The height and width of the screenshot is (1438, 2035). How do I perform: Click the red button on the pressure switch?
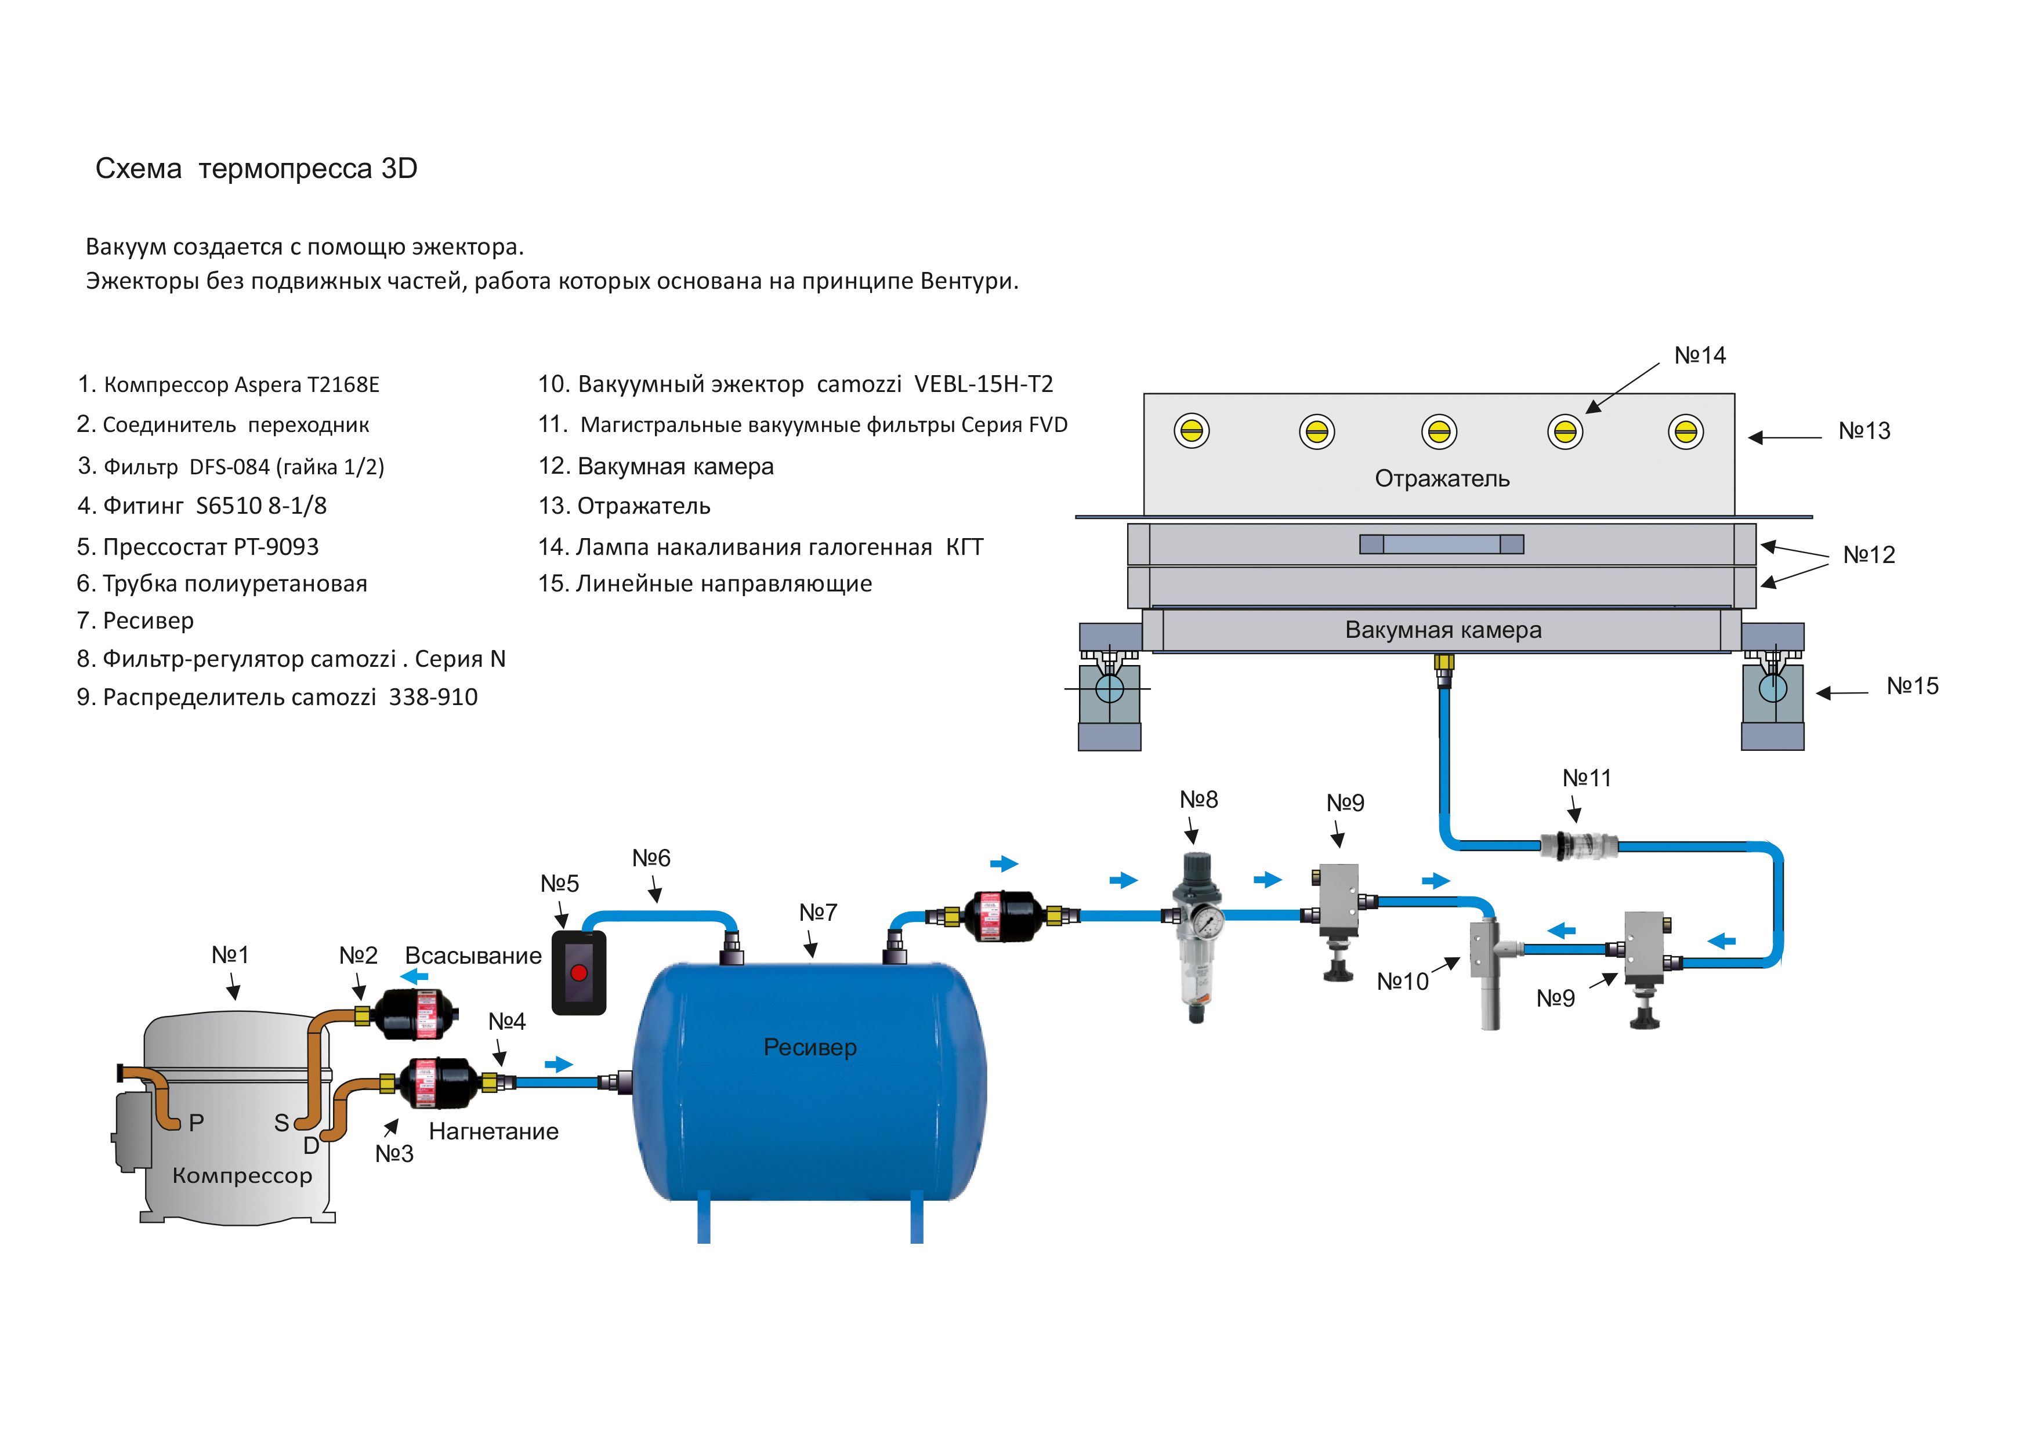[x=579, y=973]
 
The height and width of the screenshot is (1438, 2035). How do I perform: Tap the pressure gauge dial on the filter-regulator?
[x=1208, y=923]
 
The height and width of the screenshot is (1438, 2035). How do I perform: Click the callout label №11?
[x=1587, y=778]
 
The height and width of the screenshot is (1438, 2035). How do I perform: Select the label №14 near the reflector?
[x=1700, y=355]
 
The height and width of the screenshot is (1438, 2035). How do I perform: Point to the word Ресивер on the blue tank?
[x=810, y=1047]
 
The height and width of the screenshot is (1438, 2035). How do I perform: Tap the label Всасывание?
[x=473, y=956]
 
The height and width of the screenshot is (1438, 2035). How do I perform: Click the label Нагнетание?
[x=494, y=1131]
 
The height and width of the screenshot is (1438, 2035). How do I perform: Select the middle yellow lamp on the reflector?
[x=1439, y=431]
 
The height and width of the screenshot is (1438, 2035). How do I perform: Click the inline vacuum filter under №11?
[x=1578, y=845]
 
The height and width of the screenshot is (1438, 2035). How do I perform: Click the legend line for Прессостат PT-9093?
[x=198, y=547]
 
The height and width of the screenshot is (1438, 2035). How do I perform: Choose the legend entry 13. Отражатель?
[x=625, y=506]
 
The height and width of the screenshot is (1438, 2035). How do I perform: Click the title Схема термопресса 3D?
[x=256, y=168]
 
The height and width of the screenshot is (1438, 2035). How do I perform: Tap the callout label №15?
[x=1913, y=686]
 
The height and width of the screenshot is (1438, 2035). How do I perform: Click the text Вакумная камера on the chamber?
[x=1443, y=630]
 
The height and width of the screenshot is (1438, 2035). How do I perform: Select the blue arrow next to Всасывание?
[x=414, y=976]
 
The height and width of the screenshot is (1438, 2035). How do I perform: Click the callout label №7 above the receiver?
[x=817, y=912]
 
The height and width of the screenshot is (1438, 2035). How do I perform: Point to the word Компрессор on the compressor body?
[x=242, y=1176]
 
